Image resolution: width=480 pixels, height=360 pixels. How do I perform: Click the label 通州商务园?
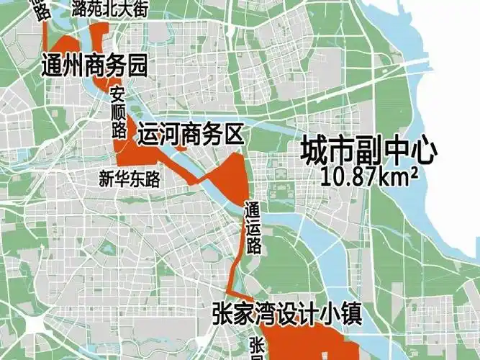pos(95,67)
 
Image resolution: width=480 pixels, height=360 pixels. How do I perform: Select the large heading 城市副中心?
pos(369,150)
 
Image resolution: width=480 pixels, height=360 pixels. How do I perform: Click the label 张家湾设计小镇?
pos(286,313)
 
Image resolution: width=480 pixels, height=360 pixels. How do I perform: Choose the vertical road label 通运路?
pos(253,227)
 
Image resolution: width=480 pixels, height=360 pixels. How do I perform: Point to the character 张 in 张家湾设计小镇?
pos(223,313)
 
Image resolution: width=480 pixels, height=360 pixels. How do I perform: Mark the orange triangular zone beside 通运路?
pos(232,176)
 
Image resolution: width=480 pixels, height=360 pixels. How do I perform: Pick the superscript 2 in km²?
pos(415,171)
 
